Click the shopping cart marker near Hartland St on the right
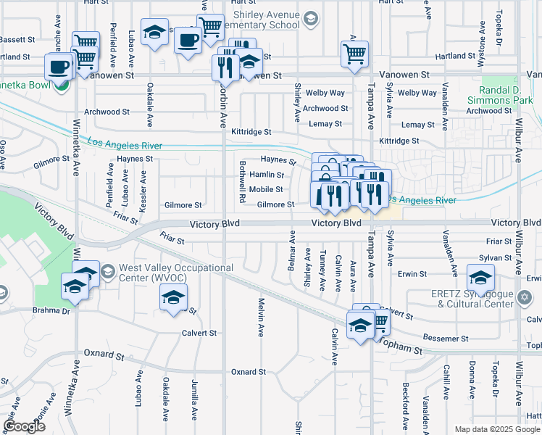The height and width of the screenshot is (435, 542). point(354,54)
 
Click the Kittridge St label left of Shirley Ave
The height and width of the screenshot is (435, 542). point(251,132)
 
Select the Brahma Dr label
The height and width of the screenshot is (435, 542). point(51,310)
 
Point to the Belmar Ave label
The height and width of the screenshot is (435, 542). point(292,251)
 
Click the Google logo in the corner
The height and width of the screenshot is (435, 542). point(25,426)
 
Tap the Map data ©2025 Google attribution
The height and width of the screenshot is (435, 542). point(497,429)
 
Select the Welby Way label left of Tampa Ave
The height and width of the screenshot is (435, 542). point(325,93)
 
